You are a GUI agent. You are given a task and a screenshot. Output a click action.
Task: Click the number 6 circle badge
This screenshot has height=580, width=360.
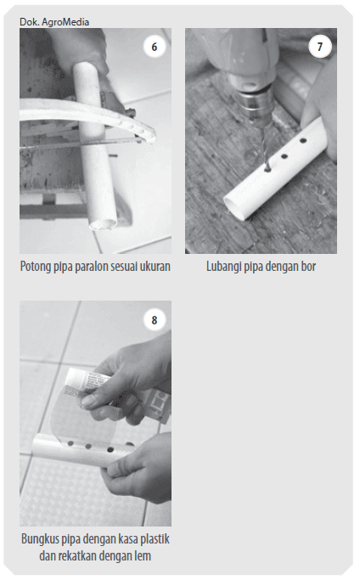[155, 47]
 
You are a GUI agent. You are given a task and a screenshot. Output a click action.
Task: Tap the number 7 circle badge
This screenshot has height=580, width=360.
[320, 47]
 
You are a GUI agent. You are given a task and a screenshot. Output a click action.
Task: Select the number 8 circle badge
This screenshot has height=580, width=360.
[155, 320]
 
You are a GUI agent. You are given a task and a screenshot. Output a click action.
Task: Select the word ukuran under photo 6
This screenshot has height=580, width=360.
[155, 267]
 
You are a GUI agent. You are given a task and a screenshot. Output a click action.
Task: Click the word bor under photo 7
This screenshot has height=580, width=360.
[308, 267]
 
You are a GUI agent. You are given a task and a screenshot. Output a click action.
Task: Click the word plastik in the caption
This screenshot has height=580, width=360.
[155, 539]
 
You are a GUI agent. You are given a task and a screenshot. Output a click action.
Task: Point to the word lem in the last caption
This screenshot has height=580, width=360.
[143, 556]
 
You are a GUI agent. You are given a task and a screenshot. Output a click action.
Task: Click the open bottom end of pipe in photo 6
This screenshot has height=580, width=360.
[103, 223]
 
